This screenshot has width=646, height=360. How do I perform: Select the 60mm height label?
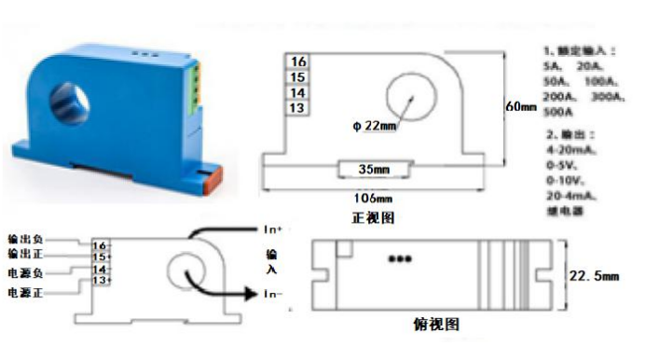point(522,106)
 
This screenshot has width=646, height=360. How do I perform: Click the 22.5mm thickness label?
point(596,274)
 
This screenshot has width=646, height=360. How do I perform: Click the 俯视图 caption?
point(433,324)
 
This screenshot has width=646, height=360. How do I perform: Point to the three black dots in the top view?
point(400,259)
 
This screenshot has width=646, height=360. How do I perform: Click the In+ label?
point(272,228)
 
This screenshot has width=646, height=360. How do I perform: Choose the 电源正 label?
point(25,293)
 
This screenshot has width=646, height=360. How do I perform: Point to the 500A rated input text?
point(559,111)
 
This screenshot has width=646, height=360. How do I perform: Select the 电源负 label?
point(25,272)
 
